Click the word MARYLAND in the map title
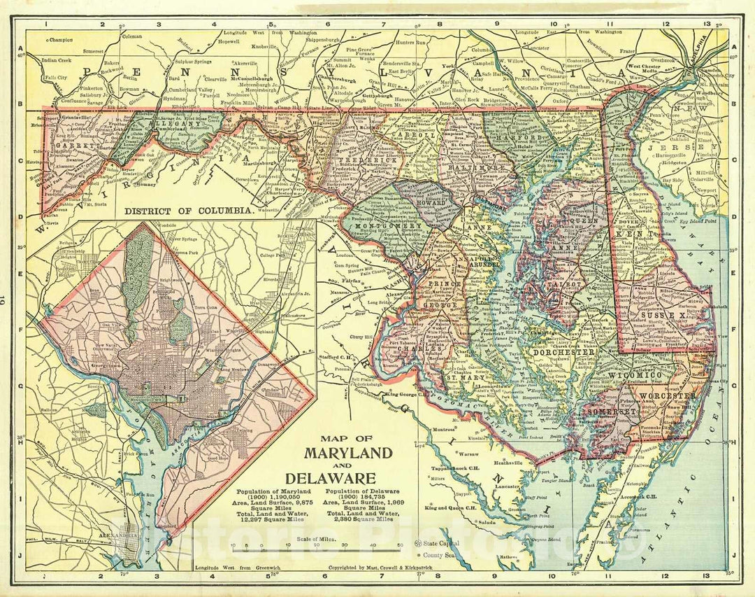(x=348, y=453)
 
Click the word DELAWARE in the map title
(x=348, y=478)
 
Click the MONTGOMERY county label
(x=387, y=227)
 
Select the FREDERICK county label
(x=377, y=160)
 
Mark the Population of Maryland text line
(x=271, y=491)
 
